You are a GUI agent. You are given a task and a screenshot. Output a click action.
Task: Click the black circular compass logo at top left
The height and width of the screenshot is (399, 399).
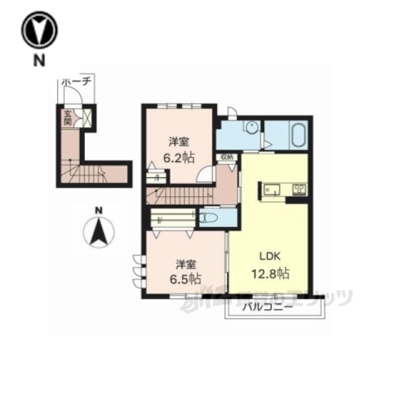coord(37,31)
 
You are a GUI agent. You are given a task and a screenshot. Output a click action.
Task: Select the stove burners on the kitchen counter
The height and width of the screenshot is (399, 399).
coord(298,189)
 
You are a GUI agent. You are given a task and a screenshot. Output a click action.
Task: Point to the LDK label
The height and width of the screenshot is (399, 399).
coord(265,256)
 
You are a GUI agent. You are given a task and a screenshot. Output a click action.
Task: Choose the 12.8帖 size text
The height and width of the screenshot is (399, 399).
coord(270,272)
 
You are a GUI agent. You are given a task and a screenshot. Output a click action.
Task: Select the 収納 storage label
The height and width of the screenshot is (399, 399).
coord(226,155)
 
